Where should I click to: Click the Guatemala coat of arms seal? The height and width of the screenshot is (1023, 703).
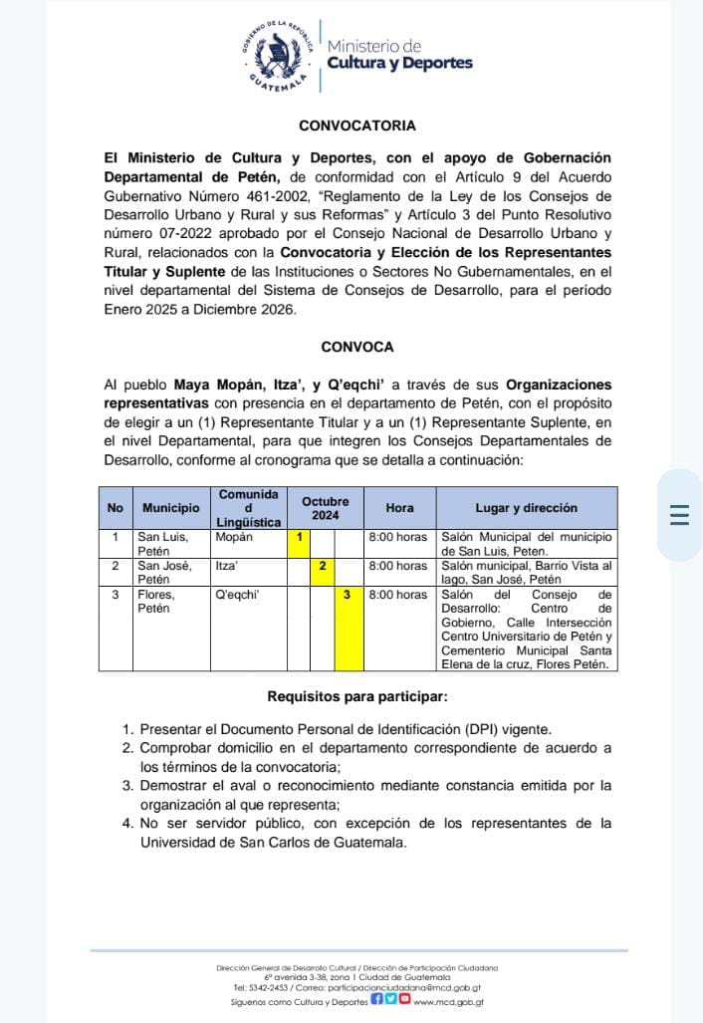click(x=279, y=58)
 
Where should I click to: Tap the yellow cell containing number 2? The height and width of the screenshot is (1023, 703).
click(x=323, y=565)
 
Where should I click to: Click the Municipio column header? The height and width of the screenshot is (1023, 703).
click(x=170, y=507)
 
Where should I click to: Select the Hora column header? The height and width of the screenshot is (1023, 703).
click(x=399, y=507)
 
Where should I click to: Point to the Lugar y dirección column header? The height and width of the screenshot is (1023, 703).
click(x=526, y=507)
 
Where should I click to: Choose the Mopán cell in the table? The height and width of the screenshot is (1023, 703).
click(x=235, y=537)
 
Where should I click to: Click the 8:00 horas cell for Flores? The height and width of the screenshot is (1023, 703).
click(x=398, y=595)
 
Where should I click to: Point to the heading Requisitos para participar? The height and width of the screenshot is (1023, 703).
click(x=356, y=695)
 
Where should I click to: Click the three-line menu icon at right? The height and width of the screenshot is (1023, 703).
click(x=680, y=515)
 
